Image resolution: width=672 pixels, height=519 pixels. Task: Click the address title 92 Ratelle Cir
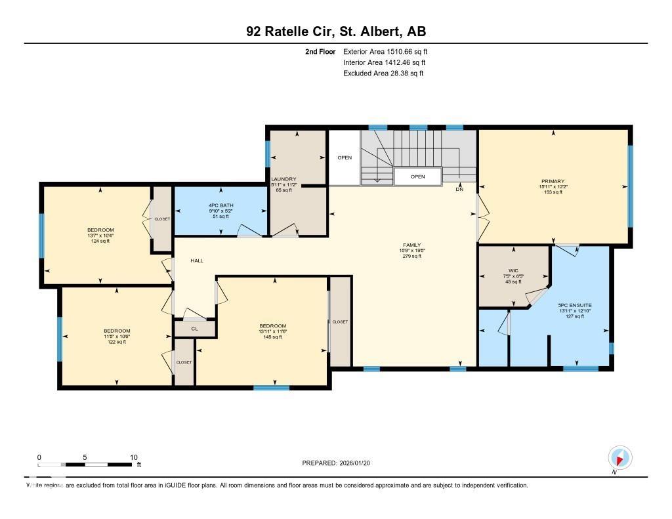[335, 31]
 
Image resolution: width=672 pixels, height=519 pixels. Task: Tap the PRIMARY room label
[553, 181]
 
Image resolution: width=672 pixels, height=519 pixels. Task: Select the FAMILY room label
[411, 245]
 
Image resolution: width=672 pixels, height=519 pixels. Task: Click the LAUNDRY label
[284, 179]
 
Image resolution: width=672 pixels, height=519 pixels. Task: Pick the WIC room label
[513, 270]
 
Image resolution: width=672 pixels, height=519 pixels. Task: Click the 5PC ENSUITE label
[574, 305]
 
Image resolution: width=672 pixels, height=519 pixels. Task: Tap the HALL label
[197, 260]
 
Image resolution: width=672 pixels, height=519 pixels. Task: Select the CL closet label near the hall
[194, 329]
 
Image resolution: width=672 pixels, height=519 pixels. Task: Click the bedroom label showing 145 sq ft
[272, 326]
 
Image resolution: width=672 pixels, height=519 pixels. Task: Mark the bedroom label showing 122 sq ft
[117, 331]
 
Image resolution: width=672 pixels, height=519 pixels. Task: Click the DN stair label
[459, 190]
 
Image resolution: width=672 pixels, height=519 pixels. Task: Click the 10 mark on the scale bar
[133, 457]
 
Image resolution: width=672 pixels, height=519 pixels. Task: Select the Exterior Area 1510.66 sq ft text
[386, 51]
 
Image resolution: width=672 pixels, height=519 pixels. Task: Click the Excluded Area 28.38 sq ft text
[383, 73]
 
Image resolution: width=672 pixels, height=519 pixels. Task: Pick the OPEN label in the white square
[345, 157]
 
